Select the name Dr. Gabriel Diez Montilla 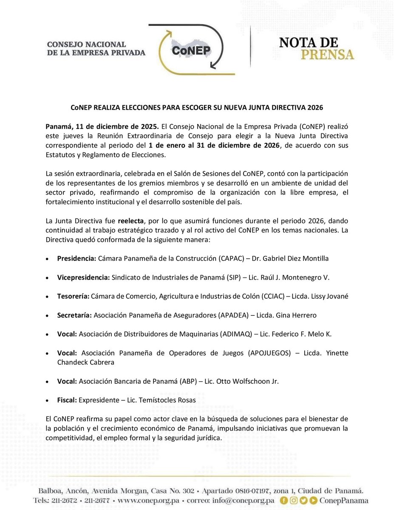(x=280, y=258)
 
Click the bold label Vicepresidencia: (x=83, y=277)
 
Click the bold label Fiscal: (x=67, y=400)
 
